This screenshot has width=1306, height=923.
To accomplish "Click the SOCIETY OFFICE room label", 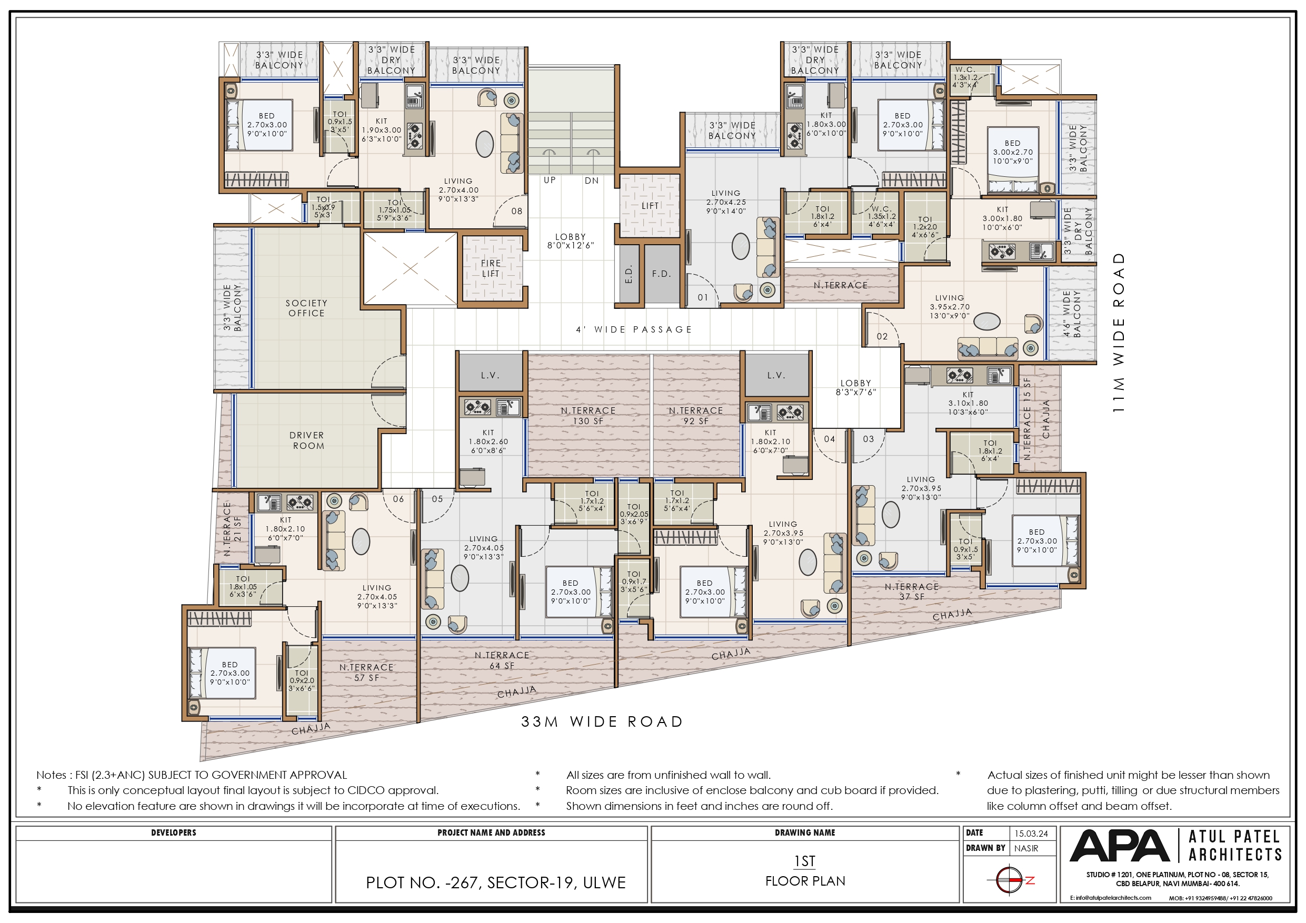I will point(306,308).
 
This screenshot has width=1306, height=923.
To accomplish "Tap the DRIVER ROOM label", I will point(307,440).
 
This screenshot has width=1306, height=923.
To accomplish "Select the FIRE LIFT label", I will point(491,268).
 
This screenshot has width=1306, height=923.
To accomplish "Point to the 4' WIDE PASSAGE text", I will point(634,329).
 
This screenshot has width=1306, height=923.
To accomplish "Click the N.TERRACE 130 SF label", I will point(588,416).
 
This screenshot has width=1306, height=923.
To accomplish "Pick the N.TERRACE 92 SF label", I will point(696,416).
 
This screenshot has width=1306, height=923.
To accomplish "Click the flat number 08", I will point(516,211).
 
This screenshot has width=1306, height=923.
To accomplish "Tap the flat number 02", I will point(882,337).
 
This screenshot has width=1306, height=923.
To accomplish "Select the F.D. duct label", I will point(662,274).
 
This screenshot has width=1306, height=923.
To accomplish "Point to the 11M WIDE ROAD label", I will point(1118,333).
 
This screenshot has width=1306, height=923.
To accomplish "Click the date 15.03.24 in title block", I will point(1031,834).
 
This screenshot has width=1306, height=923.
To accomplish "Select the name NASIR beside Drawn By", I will point(1026,848).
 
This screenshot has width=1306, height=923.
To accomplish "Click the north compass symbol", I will point(1010,880).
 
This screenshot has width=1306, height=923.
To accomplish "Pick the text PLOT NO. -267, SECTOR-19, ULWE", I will point(495,882).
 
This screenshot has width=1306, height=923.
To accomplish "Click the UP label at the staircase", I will point(550,180).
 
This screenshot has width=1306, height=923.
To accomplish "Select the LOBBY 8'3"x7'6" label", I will point(855,387).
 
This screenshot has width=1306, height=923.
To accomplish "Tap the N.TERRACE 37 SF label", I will point(911,591).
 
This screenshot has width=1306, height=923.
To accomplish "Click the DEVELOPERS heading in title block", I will point(174,832).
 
